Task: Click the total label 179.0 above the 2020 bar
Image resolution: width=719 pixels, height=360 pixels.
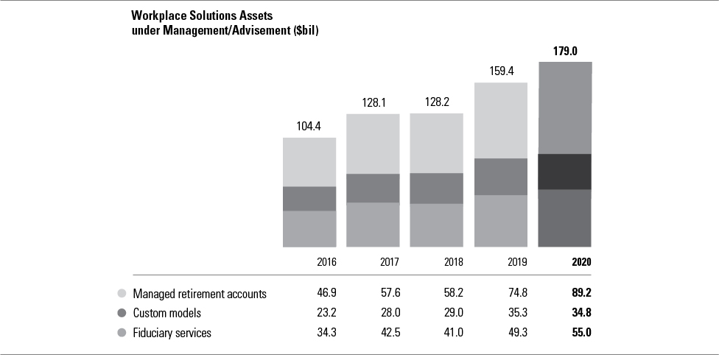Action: pos(565,52)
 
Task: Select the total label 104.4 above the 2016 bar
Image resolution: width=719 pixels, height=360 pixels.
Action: pos(309,127)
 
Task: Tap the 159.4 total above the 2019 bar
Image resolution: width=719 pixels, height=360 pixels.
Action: pos(501,72)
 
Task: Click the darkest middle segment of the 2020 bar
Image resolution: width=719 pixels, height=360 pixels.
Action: pos(565,172)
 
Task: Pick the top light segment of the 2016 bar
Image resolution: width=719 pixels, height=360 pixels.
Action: pos(309,162)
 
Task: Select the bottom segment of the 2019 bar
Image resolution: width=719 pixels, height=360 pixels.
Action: pos(501,221)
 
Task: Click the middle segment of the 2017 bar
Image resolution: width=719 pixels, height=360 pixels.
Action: pos(373,188)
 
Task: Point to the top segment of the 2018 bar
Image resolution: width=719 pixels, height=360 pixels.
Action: pos(437,143)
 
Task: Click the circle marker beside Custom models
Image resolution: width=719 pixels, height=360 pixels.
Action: pos(122,313)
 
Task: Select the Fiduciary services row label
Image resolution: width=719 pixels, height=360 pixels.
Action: pos(172,333)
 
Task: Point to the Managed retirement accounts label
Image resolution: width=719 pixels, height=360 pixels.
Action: pos(199,294)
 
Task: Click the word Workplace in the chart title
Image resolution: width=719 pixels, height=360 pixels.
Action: pos(155,15)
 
